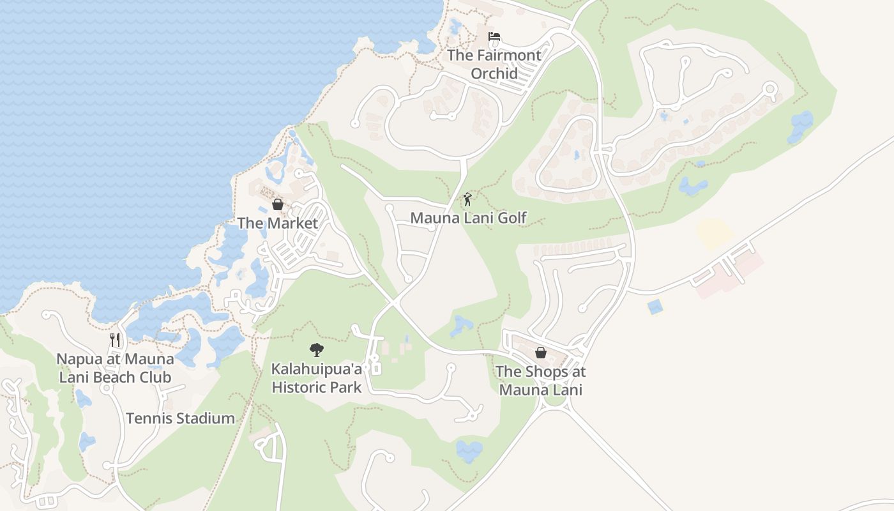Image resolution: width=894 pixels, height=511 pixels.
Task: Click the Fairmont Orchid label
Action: pyautogui.click(x=494, y=64)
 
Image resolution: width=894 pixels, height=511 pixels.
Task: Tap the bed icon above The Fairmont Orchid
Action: pyautogui.click(x=494, y=37)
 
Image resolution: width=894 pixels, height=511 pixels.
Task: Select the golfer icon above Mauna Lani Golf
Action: pyautogui.click(x=467, y=199)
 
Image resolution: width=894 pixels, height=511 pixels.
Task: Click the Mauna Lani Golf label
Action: pyautogui.click(x=468, y=218)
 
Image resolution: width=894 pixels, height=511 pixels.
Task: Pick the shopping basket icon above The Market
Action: pyautogui.click(x=278, y=204)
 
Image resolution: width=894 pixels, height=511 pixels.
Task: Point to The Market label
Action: pyautogui.click(x=278, y=223)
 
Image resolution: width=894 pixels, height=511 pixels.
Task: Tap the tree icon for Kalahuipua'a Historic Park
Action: pyautogui.click(x=316, y=349)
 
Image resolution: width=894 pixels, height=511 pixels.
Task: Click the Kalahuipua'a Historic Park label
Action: pyautogui.click(x=317, y=378)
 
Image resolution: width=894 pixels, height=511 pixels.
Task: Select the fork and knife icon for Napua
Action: pyautogui.click(x=115, y=339)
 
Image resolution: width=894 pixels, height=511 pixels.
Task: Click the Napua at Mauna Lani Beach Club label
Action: pyautogui.click(x=115, y=368)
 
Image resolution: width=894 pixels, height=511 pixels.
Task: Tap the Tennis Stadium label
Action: pyautogui.click(x=180, y=418)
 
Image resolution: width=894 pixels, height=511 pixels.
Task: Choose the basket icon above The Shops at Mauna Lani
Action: pyautogui.click(x=540, y=353)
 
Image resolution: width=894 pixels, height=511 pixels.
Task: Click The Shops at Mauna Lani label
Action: pyautogui.click(x=540, y=380)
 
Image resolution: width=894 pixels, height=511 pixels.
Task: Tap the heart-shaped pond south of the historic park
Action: pyautogui.click(x=469, y=450)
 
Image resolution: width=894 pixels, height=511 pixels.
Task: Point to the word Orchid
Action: pyautogui.click(x=494, y=73)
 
